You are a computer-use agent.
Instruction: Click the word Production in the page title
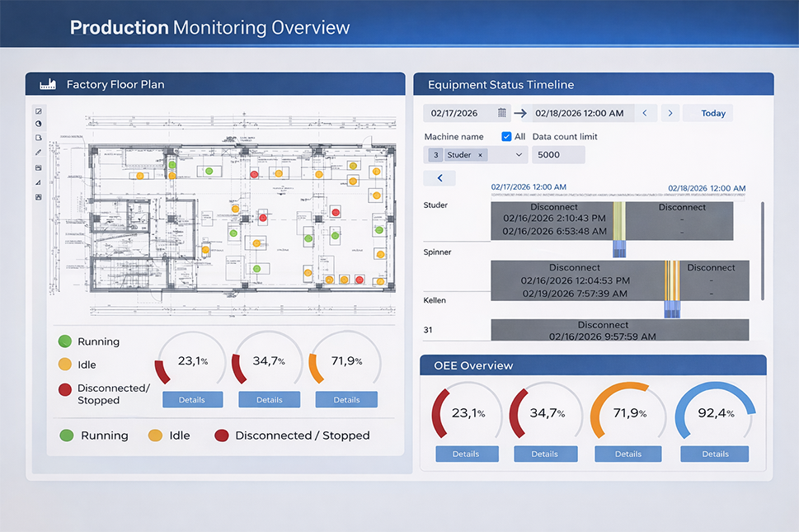(119, 27)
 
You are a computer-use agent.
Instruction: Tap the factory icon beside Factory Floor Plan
(48, 84)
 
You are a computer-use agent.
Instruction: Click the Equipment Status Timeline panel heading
(501, 85)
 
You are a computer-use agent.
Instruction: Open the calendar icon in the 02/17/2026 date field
(502, 113)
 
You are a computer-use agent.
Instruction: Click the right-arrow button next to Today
(670, 113)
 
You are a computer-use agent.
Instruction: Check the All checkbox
(507, 136)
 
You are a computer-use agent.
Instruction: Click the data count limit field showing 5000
(558, 154)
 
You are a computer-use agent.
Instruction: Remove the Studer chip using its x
(481, 154)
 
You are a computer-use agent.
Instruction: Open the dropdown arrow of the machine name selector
(519, 154)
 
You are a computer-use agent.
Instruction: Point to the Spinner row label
(437, 252)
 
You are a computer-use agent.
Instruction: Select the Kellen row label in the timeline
(435, 300)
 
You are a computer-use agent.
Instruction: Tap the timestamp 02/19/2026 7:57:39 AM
(574, 293)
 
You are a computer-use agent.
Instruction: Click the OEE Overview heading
(473, 365)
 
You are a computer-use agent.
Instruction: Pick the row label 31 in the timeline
(429, 330)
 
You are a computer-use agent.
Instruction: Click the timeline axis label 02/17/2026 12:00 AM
(529, 187)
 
